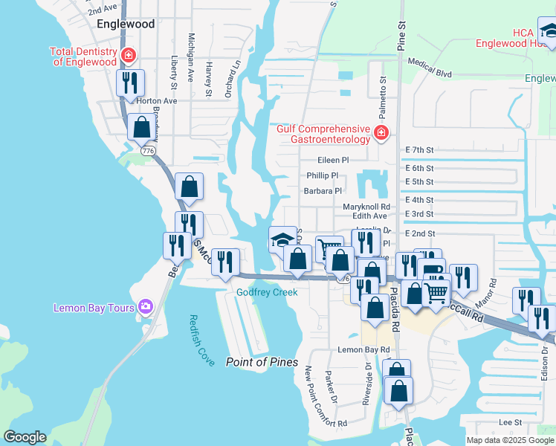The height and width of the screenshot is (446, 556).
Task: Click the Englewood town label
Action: (x=126, y=24)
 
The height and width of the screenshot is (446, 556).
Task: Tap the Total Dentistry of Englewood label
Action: (x=83, y=56)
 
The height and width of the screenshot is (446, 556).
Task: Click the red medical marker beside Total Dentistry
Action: (x=129, y=54)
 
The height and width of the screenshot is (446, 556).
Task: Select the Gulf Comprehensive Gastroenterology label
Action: (x=323, y=134)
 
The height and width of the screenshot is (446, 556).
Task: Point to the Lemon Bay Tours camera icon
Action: (x=145, y=306)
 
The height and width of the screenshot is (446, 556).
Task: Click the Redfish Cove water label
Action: (x=201, y=339)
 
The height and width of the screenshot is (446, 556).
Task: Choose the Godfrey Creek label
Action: (x=267, y=292)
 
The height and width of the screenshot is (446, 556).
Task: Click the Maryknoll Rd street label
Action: (x=366, y=207)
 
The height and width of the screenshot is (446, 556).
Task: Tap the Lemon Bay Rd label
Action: (x=363, y=349)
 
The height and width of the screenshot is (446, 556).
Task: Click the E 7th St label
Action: (x=419, y=149)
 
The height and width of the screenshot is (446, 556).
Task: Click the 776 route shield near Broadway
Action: (x=148, y=150)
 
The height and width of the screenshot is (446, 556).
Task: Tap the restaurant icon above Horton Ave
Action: (x=130, y=83)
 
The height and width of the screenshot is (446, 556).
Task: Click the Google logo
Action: (x=25, y=437)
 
